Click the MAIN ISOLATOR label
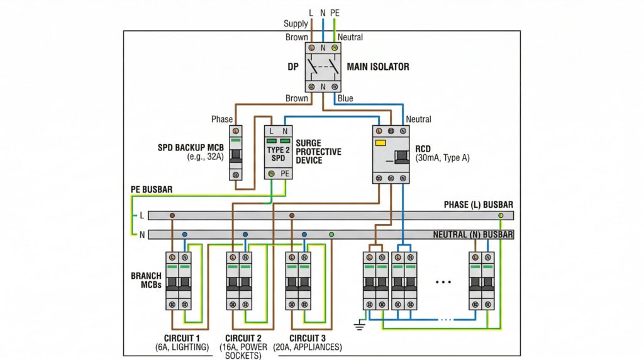(x=378, y=67)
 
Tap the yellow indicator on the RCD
(x=380, y=143)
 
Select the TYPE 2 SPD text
(x=278, y=154)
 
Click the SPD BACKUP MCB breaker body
(x=235, y=153)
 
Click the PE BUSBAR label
(x=152, y=189)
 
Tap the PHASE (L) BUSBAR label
(x=479, y=205)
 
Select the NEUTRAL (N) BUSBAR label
(x=473, y=235)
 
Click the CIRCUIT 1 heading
(x=182, y=338)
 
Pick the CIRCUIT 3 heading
(x=307, y=338)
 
